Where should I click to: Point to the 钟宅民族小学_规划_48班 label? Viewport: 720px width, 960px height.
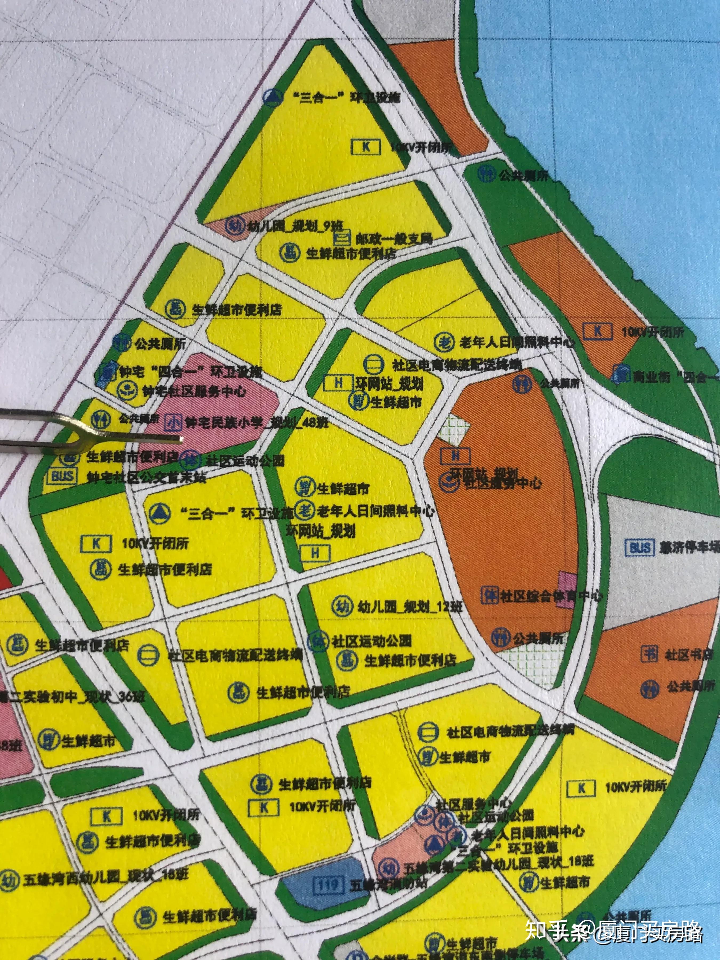tap(256, 422)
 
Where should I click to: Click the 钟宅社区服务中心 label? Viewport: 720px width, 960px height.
tap(194, 391)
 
